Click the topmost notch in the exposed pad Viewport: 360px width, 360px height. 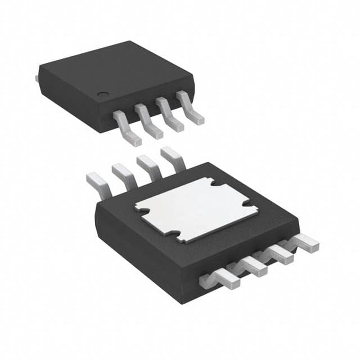point(211,183)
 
